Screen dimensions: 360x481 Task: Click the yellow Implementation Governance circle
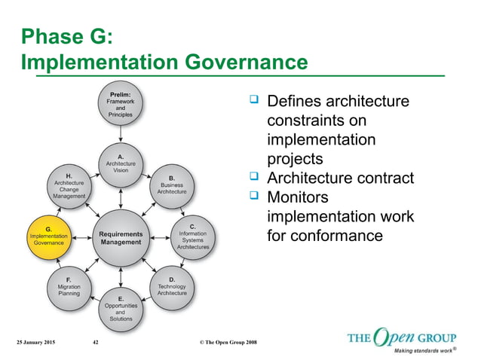pyautogui.click(x=49, y=236)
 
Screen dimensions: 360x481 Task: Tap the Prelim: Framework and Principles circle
pyautogui.click(x=121, y=108)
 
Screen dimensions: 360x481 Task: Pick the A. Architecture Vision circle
pyautogui.click(x=121, y=163)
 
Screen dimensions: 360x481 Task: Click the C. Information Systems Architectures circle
pyautogui.click(x=192, y=236)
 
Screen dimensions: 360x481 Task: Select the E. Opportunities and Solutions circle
pyautogui.click(x=121, y=308)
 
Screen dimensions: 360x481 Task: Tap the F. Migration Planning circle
pyautogui.click(x=69, y=287)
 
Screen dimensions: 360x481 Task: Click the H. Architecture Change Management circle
pyautogui.click(x=69, y=185)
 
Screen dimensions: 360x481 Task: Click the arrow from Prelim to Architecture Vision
pyautogui.click(x=121, y=136)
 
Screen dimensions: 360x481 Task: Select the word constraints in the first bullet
pyautogui.click(x=310, y=121)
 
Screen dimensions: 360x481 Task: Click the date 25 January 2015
pyautogui.click(x=39, y=343)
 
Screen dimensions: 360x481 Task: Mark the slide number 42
pyautogui.click(x=96, y=343)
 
